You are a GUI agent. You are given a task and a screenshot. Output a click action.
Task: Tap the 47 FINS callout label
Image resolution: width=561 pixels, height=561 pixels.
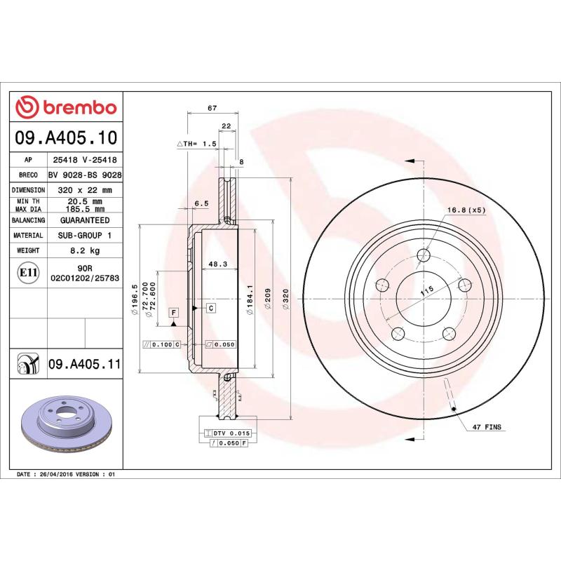point(487,427)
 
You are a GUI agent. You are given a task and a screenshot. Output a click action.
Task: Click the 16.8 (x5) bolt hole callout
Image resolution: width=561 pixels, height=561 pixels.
point(466,210)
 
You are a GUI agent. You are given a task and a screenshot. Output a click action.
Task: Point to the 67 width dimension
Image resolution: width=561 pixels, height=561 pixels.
point(212,108)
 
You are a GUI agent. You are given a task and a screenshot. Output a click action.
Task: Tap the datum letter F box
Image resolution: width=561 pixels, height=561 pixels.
point(173,311)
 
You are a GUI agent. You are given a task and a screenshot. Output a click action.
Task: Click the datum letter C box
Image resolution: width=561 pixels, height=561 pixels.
point(210,308)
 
